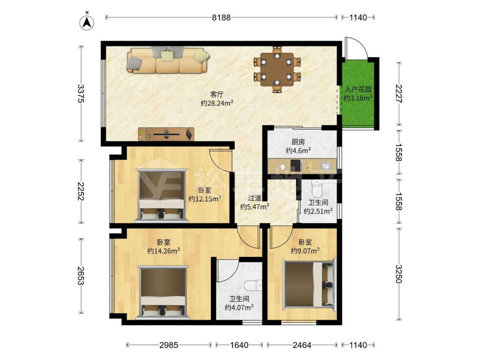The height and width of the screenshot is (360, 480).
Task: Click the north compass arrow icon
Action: point(87,22)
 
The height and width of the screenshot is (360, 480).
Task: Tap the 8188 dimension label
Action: point(221,17)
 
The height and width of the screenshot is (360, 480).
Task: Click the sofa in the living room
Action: point(168,60)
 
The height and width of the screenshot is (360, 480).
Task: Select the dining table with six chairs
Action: point(277,69)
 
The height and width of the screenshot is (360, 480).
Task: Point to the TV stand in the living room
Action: point(166,134)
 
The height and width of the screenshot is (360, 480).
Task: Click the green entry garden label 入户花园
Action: point(358,90)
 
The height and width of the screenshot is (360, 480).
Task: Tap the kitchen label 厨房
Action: point(298,142)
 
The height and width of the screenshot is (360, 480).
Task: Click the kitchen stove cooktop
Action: point(296,166)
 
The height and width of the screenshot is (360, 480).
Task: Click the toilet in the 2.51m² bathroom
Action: point(316,188)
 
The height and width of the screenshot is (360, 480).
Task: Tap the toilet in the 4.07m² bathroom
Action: point(253,285)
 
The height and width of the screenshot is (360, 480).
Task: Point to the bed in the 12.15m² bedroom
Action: point(162,195)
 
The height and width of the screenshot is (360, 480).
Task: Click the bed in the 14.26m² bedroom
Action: point(163,292)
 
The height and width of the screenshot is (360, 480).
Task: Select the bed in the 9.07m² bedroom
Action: point(309,284)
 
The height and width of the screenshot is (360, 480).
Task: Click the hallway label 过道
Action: point(254,198)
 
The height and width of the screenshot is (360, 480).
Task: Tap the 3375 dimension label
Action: point(81,94)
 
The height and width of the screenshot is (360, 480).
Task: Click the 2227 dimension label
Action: point(399,94)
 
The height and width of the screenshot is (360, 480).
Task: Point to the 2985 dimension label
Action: point(168,345)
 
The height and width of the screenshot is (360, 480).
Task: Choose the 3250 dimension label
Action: point(399,274)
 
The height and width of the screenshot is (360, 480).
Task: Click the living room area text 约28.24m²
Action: point(217,103)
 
